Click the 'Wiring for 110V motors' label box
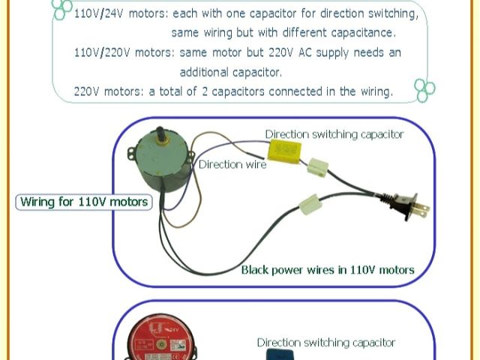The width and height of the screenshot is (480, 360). tap(83, 202)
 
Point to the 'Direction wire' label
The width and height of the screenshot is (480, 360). tap(232, 165)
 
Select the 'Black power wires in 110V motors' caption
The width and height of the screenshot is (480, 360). tap(328, 269)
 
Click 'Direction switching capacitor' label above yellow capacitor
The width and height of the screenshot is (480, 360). tap(334, 134)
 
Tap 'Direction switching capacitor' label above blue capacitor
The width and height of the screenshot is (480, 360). tap(325, 343)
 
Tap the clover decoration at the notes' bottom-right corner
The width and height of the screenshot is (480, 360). tap(424, 90)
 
